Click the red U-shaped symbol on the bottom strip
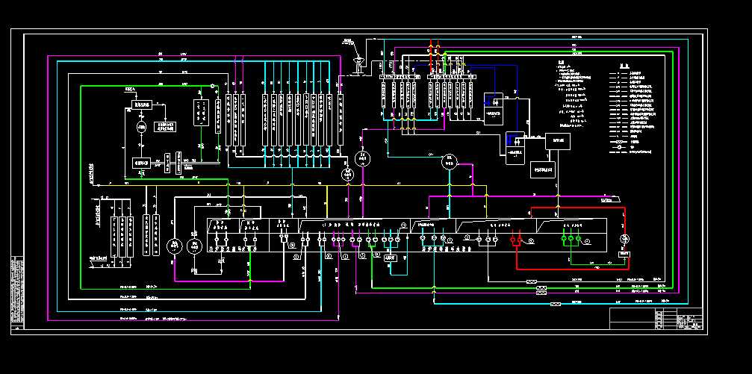tap(514, 242)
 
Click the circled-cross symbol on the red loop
tap(626, 239)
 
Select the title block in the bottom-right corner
tap(656, 318)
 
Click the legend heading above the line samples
tap(627, 63)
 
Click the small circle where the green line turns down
tap(212, 86)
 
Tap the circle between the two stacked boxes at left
tap(140, 128)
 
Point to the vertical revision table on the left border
tap(17, 291)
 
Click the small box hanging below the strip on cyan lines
tap(389, 257)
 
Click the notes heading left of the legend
tap(562, 63)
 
